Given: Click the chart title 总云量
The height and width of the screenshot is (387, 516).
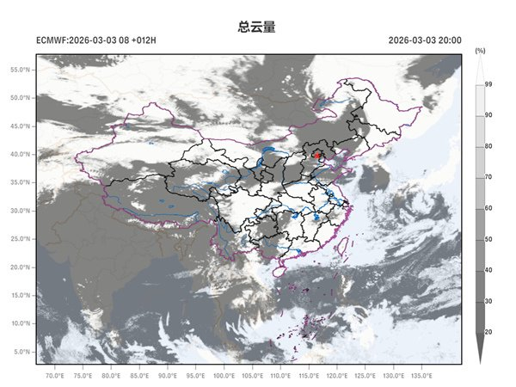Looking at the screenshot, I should pos(256,27).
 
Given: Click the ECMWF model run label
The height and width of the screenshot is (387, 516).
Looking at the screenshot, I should pos(96,40).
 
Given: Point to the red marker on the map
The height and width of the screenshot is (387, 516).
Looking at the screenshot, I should pos(318,156).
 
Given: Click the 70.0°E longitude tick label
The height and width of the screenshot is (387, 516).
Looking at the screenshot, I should pos(54,376).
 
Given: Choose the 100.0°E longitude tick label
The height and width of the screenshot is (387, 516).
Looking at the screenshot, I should pos(224,376).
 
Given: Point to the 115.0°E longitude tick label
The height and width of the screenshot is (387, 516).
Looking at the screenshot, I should pos(309,376).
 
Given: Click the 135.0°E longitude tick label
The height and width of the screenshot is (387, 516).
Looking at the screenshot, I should pos(421,376).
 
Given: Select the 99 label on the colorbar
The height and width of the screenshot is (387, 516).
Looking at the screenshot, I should pos(488,84).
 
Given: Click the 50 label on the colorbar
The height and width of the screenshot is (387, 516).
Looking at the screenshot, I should pos(488,239).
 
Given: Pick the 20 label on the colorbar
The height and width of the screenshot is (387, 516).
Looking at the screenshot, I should pos(488,332).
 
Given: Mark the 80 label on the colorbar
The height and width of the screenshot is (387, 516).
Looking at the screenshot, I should pos(488,146).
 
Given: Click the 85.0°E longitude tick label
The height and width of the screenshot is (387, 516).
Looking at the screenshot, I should pos(139,376).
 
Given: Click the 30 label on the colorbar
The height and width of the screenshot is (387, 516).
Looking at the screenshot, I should pos(488,301).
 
